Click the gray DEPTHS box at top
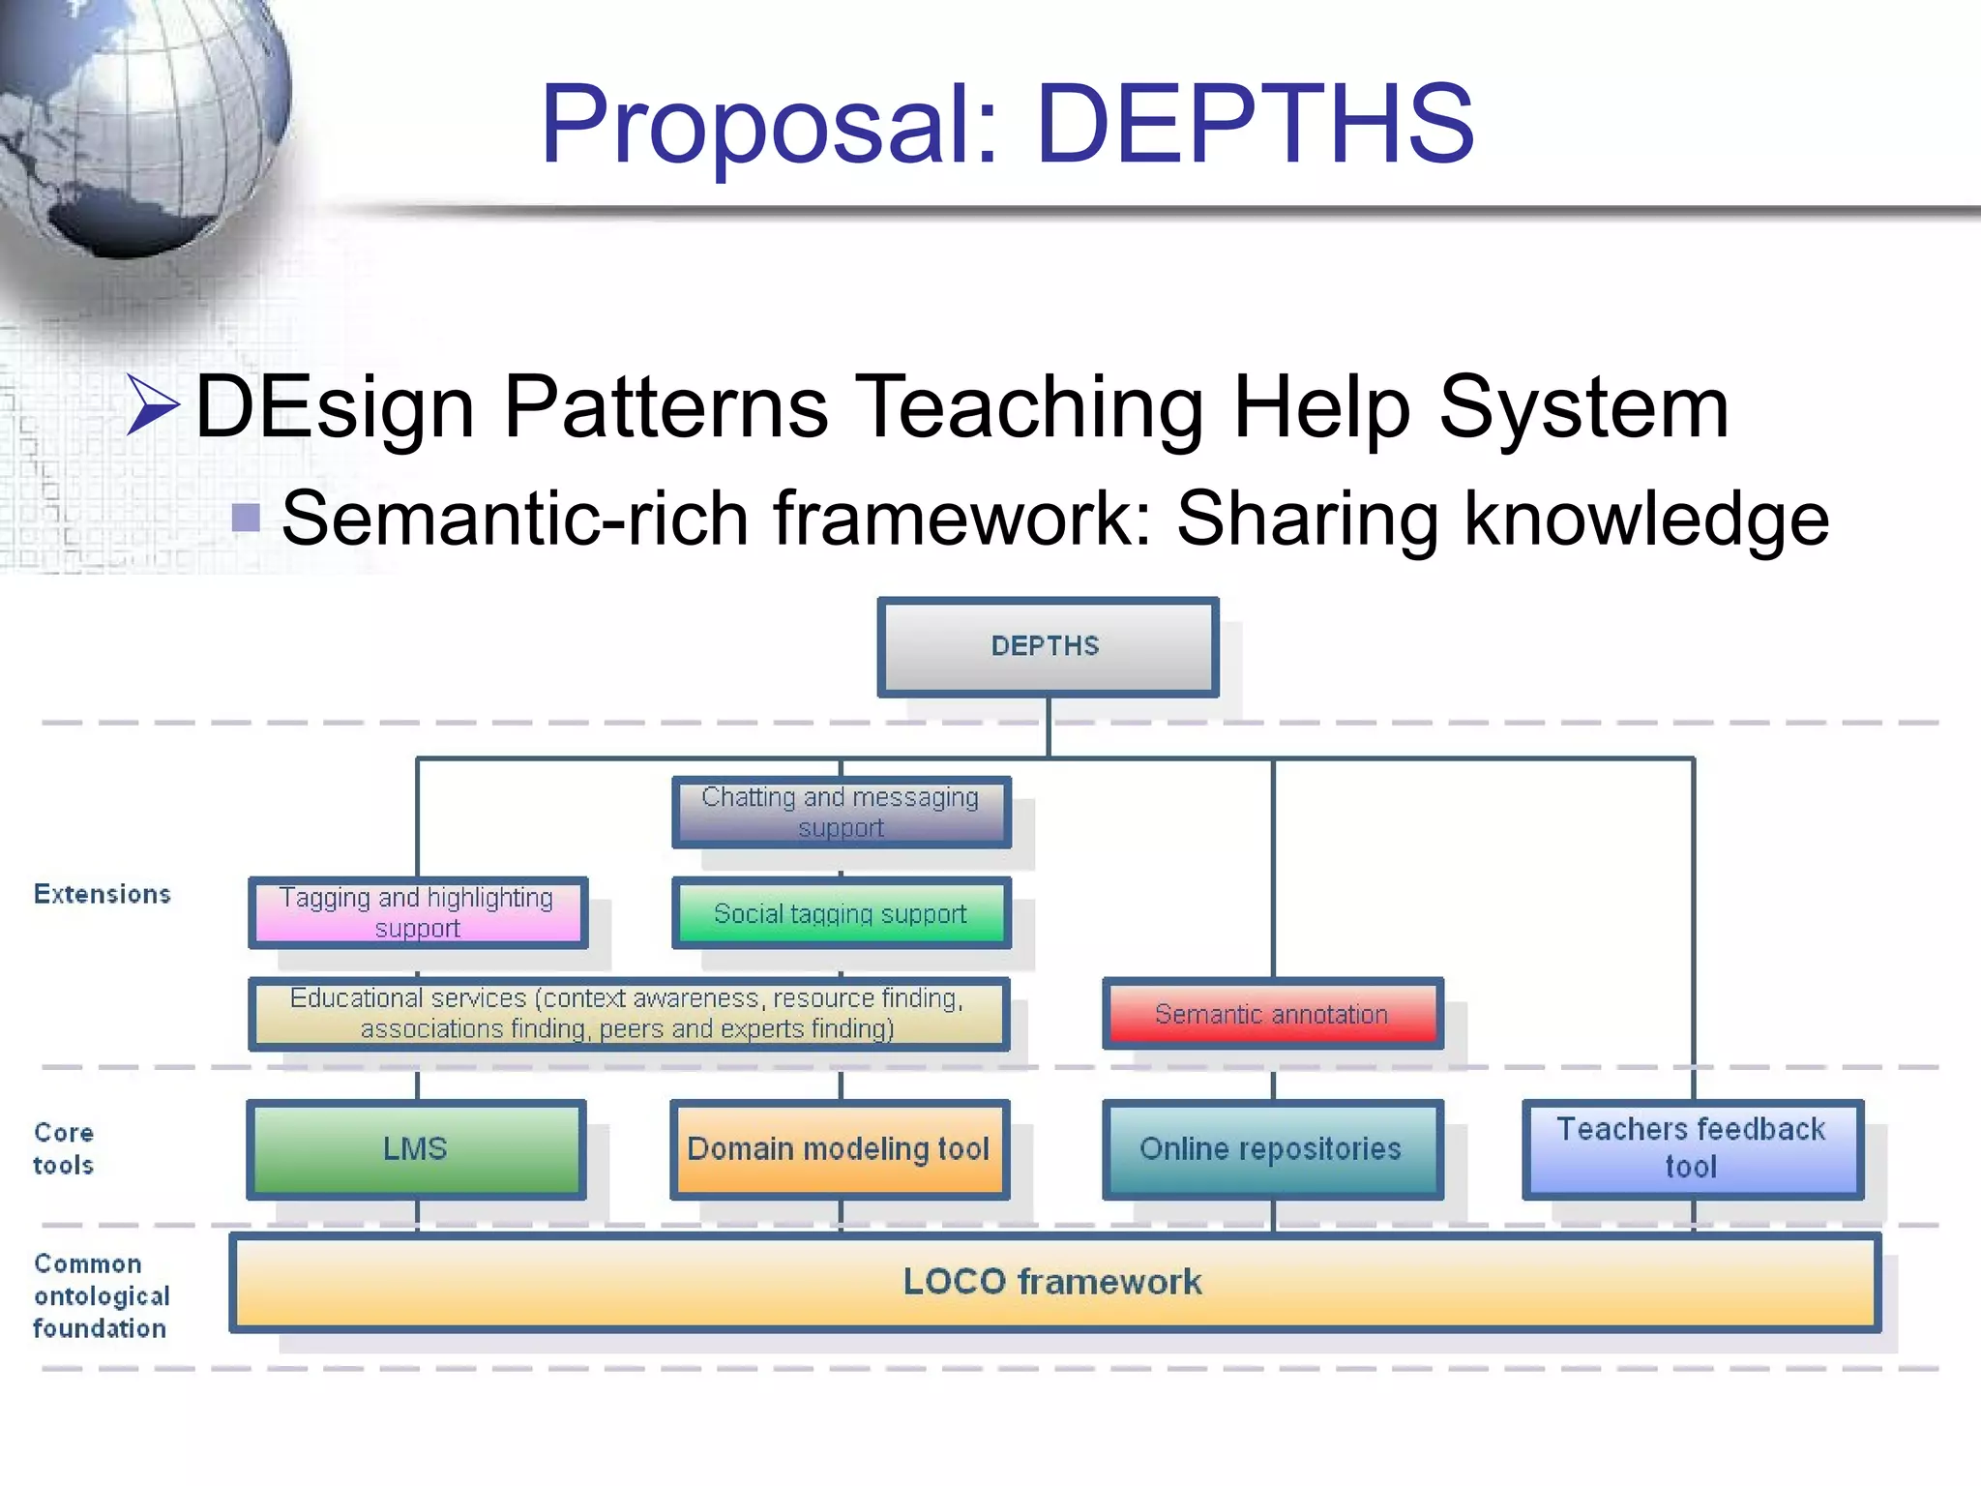point(1047,646)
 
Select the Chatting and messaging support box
point(841,812)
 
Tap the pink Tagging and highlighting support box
point(417,911)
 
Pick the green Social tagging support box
point(841,912)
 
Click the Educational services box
point(628,1013)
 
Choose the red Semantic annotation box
point(1271,1013)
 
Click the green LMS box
point(416,1148)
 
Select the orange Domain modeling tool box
point(839,1148)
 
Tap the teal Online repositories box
point(1271,1148)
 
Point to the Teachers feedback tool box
point(1691,1148)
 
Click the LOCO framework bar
point(1053,1281)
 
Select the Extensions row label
point(103,894)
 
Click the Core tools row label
point(64,1148)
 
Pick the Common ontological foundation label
point(101,1295)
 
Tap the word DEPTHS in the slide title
point(1255,124)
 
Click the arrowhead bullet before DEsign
point(154,404)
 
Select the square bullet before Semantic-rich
point(247,519)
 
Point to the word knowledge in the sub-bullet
point(1645,520)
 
